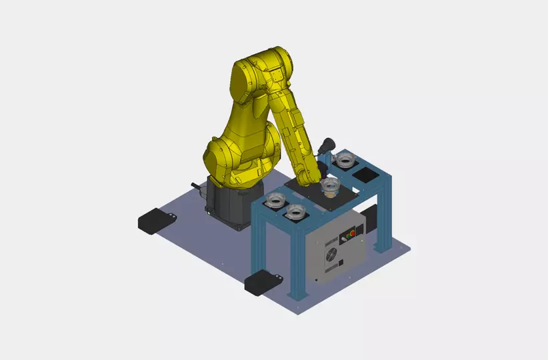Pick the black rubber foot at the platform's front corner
(261, 282)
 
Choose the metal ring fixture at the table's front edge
(295, 211)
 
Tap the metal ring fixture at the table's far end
(345, 159)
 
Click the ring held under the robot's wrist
(329, 185)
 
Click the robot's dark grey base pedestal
(230, 203)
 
